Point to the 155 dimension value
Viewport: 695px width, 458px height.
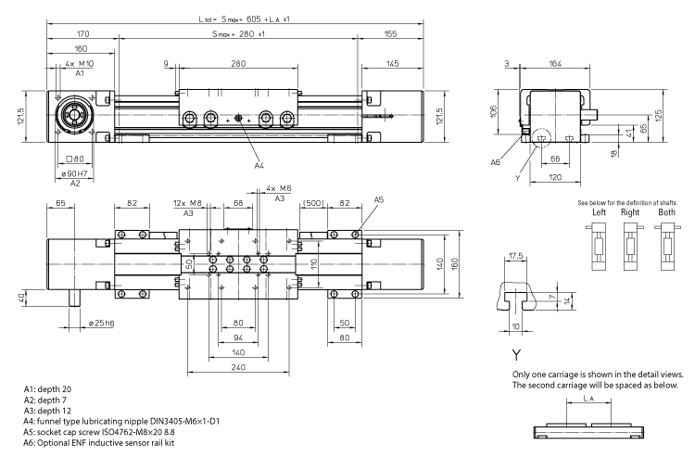click(x=390, y=34)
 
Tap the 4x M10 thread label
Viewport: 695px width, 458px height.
click(x=80, y=63)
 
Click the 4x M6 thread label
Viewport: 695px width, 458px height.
click(x=279, y=188)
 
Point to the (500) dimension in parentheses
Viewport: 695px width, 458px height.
click(x=311, y=202)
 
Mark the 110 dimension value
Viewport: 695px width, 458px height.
click(x=314, y=263)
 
